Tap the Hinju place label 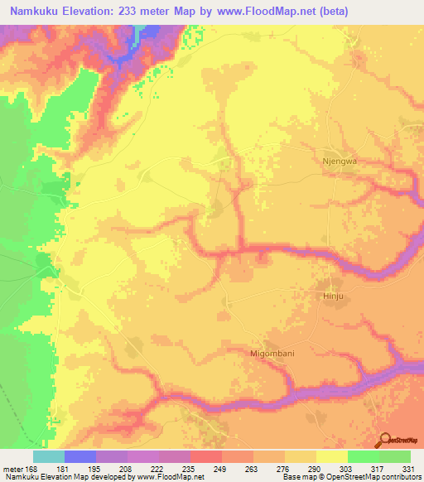point(330,295)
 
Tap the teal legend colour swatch point(49,456)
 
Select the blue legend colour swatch point(80,456)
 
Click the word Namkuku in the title point(32,12)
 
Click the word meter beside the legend point(12,470)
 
